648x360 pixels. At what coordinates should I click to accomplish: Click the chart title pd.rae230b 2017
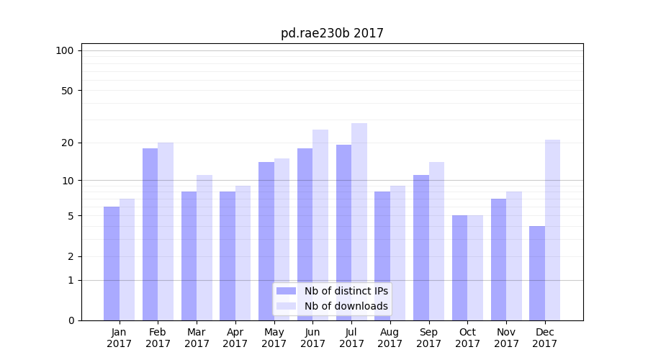[332, 34]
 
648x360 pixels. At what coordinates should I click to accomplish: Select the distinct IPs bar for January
[112, 264]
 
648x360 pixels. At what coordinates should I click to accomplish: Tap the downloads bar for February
[166, 231]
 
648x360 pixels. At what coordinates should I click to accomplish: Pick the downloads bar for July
[359, 222]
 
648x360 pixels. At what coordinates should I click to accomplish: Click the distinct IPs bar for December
[537, 273]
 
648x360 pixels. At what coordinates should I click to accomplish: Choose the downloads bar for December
[552, 230]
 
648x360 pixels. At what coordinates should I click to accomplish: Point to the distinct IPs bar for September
[421, 248]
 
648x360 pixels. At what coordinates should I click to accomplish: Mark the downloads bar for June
[320, 225]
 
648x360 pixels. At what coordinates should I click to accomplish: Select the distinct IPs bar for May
[266, 241]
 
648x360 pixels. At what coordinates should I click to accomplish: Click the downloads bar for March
[204, 248]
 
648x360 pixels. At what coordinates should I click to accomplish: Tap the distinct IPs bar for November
[498, 259]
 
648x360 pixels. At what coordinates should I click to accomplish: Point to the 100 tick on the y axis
[65, 50]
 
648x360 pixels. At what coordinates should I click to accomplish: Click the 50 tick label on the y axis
[67, 91]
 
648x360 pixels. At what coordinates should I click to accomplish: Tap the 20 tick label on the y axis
[67, 143]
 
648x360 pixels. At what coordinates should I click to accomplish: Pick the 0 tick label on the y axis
[70, 320]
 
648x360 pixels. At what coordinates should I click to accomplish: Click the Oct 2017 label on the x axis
[467, 338]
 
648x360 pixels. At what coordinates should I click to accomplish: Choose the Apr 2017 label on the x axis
[235, 338]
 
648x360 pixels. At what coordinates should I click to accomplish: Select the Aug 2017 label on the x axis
[390, 338]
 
